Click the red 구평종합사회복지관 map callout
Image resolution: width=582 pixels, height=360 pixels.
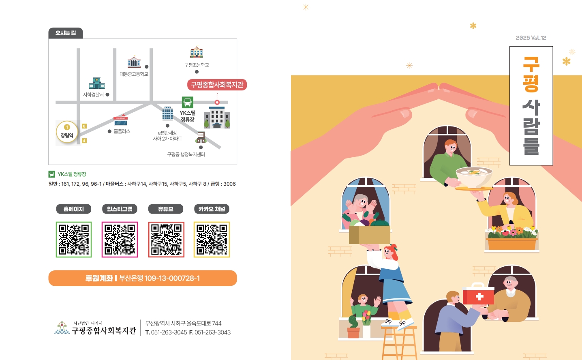tap(217, 85)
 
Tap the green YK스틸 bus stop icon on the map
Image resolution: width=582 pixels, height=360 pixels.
tap(187, 102)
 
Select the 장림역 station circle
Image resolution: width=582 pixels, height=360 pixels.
tap(67, 132)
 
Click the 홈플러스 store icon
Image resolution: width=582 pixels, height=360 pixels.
tap(120, 120)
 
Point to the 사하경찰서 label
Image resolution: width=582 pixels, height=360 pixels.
tap(93, 94)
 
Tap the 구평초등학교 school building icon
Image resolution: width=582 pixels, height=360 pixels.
tap(197, 52)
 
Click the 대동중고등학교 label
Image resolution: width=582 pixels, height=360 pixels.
tap(134, 74)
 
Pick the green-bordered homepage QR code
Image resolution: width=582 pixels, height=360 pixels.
tap(74, 240)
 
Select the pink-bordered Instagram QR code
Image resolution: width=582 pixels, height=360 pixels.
tap(120, 240)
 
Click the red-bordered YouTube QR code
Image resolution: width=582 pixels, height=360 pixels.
tap(166, 240)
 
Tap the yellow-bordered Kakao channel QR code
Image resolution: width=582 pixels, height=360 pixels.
tap(212, 240)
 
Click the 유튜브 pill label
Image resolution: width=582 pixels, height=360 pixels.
tap(166, 209)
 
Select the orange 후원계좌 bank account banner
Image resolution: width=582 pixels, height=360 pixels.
tap(143, 278)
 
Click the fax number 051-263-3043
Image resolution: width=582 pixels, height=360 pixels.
tap(212, 332)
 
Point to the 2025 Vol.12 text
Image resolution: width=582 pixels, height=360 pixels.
tap(531, 38)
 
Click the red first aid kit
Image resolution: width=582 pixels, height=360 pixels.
tap(478, 294)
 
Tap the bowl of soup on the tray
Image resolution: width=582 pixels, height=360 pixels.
tap(474, 177)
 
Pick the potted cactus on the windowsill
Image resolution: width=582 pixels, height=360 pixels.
tap(353, 327)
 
